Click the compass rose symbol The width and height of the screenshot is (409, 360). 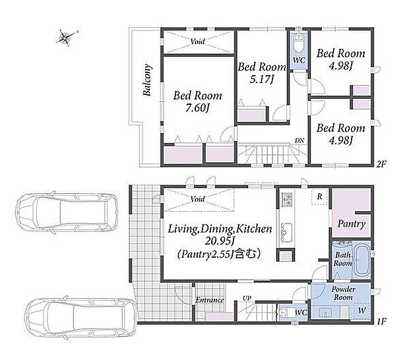click(65, 38)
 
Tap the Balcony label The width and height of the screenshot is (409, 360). click(147, 80)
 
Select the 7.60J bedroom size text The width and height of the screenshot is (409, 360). click(198, 107)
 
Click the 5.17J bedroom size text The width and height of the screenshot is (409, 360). click(262, 78)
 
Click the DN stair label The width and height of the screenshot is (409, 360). click(299, 140)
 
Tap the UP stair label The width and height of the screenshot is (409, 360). click(247, 298)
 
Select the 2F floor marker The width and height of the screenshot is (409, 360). click(381, 164)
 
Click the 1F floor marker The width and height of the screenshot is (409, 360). click(381, 321)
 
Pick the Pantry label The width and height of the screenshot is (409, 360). click(351, 224)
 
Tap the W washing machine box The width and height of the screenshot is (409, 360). click(362, 311)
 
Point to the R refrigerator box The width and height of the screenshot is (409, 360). click(319, 196)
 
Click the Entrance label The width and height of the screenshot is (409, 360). click(210, 300)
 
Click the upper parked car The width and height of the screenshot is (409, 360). click(67, 212)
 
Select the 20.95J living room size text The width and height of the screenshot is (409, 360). click(218, 241)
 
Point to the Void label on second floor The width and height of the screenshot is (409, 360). click(197, 42)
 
